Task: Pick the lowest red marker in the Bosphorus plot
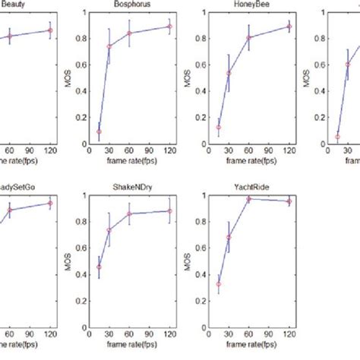[x=99, y=131]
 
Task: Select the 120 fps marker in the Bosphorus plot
[x=169, y=27]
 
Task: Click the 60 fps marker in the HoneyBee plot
[x=249, y=37]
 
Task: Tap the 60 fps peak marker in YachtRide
[x=249, y=199]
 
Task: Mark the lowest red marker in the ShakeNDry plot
[x=99, y=267]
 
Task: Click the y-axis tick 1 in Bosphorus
[x=86, y=13]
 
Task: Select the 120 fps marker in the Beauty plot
[x=50, y=30]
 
